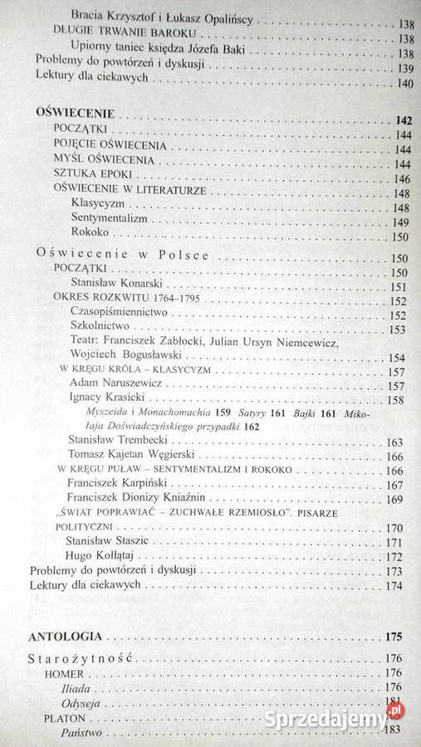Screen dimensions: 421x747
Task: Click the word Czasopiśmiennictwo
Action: pyautogui.click(x=120, y=312)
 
